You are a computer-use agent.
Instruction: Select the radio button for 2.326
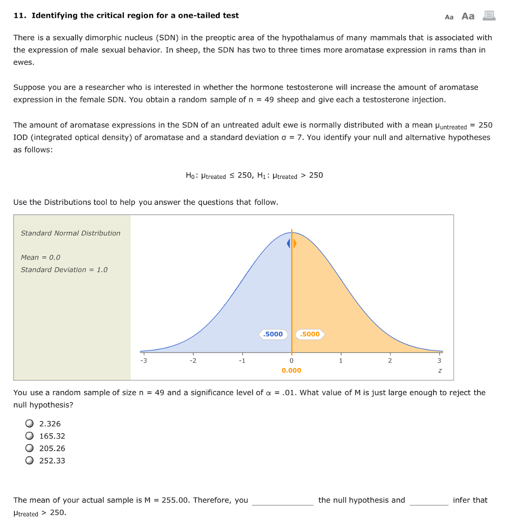(x=30, y=424)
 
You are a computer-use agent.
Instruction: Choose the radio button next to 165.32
(x=30, y=436)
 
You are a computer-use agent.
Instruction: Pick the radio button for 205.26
(x=30, y=449)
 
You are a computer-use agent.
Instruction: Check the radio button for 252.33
(x=30, y=461)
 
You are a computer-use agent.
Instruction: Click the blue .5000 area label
(x=273, y=334)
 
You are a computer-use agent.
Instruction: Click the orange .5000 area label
(x=310, y=334)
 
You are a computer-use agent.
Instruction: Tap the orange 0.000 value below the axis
(x=291, y=371)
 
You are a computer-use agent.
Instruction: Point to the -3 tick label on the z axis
(x=143, y=361)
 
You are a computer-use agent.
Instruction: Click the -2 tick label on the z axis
(x=192, y=361)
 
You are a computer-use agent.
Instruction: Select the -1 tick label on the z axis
(x=242, y=361)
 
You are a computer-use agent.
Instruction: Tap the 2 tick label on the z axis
(x=390, y=361)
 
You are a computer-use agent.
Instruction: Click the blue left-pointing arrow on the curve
(x=289, y=244)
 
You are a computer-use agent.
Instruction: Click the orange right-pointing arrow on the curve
(x=295, y=244)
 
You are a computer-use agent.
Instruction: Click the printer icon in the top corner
(x=489, y=16)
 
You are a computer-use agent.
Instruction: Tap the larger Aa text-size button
(x=468, y=16)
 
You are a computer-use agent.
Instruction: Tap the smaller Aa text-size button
(x=449, y=17)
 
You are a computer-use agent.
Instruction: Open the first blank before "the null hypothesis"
(x=283, y=501)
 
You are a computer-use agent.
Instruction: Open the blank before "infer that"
(x=428, y=501)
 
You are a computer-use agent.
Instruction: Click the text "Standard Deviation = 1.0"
(x=64, y=270)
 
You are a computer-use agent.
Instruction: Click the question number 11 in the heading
(x=19, y=15)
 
